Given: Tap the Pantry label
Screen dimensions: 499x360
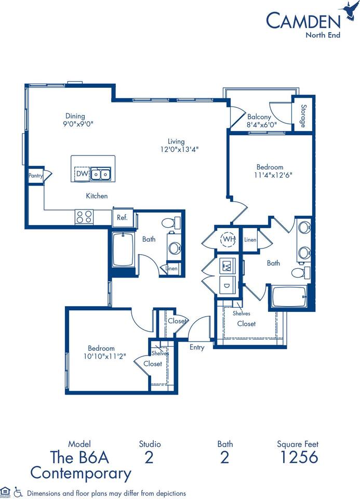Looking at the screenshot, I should (x=35, y=176).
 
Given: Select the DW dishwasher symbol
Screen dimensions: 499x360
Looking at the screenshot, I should (x=82, y=174).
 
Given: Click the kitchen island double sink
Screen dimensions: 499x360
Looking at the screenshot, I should (x=100, y=174).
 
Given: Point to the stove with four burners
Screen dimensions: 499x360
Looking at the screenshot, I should (x=84, y=216).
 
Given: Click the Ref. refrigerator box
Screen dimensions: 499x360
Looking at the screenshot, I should (x=122, y=217).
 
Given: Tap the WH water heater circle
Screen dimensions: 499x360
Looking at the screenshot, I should (x=228, y=239).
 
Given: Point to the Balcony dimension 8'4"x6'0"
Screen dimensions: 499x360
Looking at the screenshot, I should (x=262, y=125).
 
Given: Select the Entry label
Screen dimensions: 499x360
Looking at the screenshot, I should (x=197, y=347).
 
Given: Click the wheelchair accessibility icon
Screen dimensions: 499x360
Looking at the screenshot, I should (x=19, y=492).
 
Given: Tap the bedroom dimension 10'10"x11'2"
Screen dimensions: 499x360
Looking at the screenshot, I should (x=101, y=356).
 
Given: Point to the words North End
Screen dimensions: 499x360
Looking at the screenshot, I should (x=322, y=35).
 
